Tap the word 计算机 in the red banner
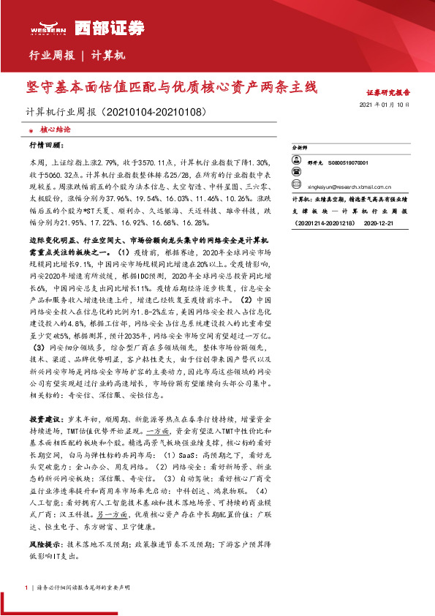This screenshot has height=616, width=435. coord(109,56)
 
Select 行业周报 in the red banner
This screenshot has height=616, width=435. coord(51,56)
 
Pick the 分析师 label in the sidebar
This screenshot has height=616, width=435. coord(301,147)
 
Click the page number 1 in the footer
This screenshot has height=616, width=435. coord(26,587)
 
